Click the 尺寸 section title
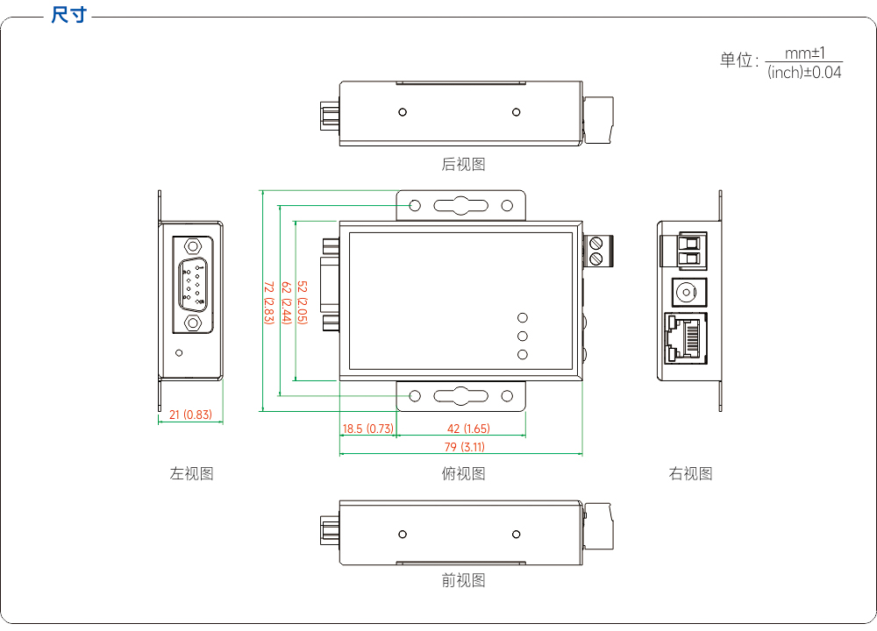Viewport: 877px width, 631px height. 68,15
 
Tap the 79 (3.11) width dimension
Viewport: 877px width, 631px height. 464,447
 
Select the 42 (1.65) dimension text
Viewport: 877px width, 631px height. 468,429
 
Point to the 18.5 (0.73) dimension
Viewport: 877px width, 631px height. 368,429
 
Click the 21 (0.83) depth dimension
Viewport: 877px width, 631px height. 190,415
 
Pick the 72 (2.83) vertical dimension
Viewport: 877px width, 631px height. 268,302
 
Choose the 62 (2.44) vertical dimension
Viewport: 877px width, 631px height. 287,302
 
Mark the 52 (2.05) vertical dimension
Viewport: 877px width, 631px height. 303,302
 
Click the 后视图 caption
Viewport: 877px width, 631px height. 463,164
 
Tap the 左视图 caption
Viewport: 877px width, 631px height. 191,473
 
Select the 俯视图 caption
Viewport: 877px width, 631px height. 463,473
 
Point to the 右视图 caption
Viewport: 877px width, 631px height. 690,473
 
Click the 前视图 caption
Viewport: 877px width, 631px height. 463,580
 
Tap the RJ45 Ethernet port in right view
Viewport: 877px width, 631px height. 686,338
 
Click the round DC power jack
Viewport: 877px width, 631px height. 687,293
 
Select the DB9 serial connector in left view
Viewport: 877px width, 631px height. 193,285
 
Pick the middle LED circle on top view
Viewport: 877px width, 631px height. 523,336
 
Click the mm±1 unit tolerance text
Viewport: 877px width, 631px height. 805,53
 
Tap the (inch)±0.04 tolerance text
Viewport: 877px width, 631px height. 804,72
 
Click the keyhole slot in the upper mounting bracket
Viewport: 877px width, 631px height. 461,206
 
